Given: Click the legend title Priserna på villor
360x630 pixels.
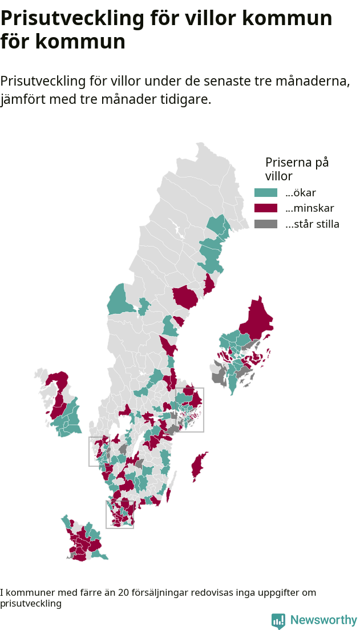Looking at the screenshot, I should [297, 169].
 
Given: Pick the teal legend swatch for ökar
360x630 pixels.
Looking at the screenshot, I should [265, 193].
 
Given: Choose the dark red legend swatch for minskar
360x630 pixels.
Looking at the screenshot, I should [265, 208].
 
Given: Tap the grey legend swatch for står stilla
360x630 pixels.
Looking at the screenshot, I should [265, 224].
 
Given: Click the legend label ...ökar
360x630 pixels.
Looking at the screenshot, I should [301, 193].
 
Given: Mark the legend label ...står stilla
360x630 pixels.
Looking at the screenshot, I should [312, 224].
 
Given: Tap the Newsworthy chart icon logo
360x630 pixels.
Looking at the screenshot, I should [278, 621].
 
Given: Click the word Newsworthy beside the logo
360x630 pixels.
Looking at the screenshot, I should [323, 620].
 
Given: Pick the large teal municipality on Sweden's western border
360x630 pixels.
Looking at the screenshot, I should [119, 301].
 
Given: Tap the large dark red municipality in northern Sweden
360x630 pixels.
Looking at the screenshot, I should [185, 297].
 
